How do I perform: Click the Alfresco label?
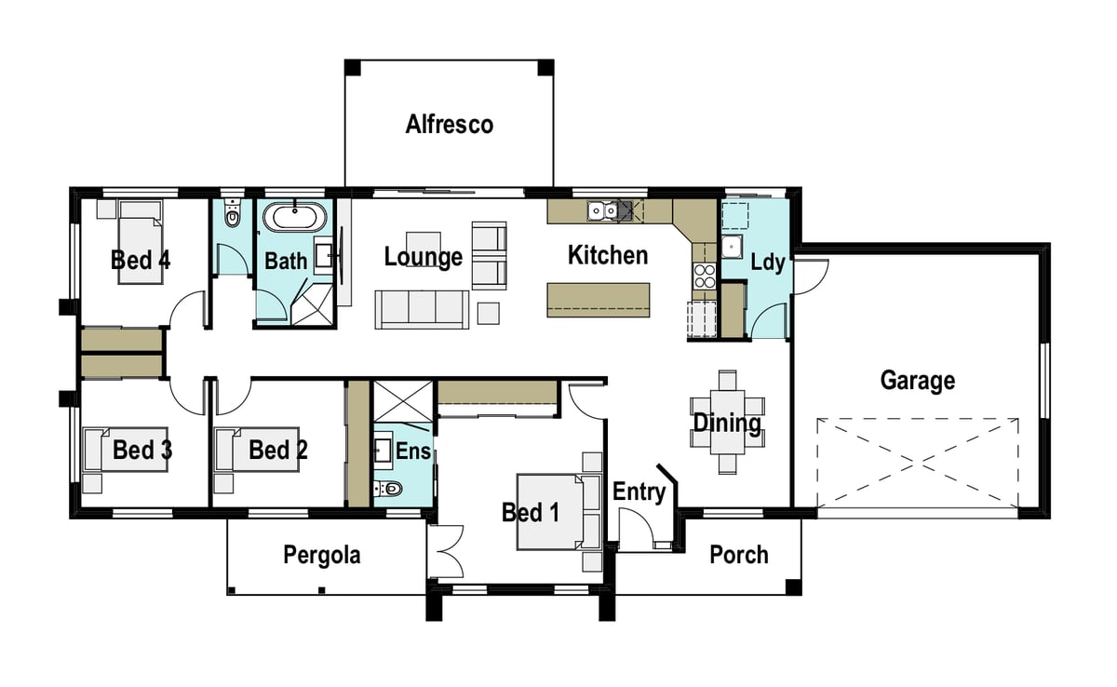point(450,124)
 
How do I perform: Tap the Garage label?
point(918,381)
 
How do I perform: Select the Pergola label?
point(322,555)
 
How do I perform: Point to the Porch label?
point(739,555)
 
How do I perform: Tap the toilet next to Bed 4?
point(232,214)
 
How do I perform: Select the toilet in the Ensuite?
point(388,488)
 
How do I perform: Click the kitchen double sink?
point(603,211)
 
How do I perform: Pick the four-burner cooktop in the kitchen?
point(705,276)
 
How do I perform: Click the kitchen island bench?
point(599,300)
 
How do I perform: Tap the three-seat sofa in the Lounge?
point(422,310)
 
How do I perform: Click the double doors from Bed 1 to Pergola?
point(445,551)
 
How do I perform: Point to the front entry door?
point(636,530)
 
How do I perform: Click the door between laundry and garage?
point(811,276)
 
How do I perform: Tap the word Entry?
point(639,492)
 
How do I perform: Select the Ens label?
point(413,451)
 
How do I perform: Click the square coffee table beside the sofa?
point(488,313)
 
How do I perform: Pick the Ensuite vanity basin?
point(383,451)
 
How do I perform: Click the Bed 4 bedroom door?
point(187,310)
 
